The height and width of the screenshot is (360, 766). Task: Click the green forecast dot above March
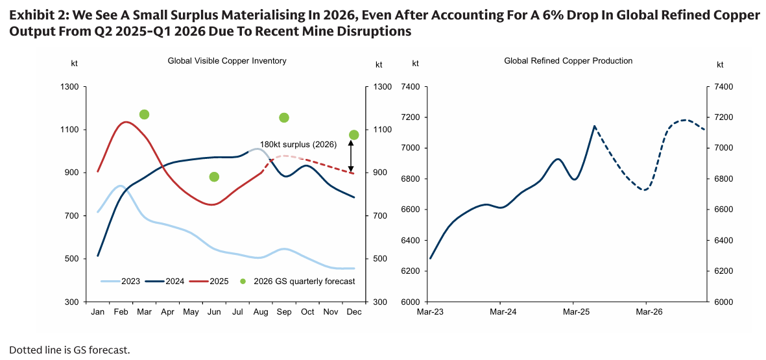tap(144, 115)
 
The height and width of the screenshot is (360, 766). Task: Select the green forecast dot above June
tap(214, 177)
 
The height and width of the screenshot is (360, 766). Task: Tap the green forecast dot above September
tap(283, 117)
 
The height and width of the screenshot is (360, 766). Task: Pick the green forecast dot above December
tap(353, 135)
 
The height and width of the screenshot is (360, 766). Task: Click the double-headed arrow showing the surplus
tap(351, 156)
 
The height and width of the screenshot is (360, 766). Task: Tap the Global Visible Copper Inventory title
tap(227, 61)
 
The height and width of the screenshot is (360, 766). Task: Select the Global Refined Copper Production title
tap(568, 61)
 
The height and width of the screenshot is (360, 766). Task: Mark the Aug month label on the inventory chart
tap(261, 312)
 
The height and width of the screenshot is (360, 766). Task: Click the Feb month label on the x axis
tap(121, 312)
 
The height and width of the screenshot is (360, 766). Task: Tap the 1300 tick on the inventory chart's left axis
tap(70, 87)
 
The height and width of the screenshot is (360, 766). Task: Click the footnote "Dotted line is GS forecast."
tap(69, 350)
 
